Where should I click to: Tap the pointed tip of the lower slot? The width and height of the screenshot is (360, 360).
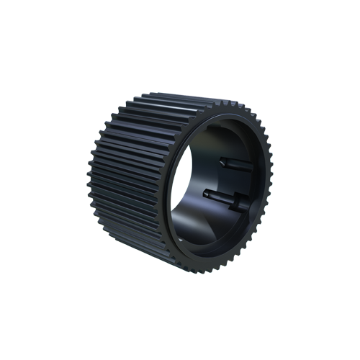206,193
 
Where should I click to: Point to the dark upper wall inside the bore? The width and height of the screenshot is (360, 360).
216,133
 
